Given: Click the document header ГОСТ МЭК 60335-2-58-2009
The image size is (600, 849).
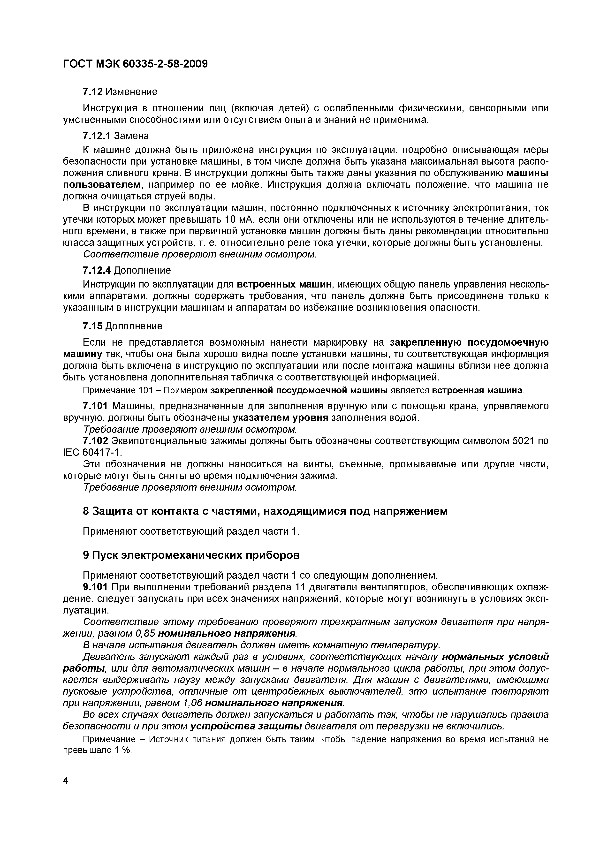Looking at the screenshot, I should [x=135, y=64].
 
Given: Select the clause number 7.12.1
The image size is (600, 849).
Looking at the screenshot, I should [x=97, y=136].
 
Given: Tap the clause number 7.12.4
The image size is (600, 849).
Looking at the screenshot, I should [x=97, y=270].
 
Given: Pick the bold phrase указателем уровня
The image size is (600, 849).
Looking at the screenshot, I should [x=281, y=418].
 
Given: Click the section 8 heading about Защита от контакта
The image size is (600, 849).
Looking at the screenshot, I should [x=265, y=511].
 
